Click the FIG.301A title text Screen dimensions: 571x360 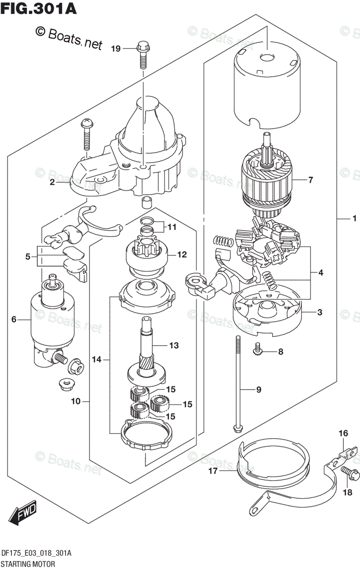tap(39, 9)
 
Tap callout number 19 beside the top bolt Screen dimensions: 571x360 tap(116, 48)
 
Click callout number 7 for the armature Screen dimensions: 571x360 tap(310, 180)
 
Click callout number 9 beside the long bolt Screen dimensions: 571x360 tap(259, 390)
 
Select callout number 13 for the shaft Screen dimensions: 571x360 tap(174, 345)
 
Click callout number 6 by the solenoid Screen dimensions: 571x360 tap(14, 320)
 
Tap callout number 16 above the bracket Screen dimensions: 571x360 tap(343, 433)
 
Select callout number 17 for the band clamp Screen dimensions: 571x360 tap(212, 471)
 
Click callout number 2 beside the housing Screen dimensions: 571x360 tap(52, 182)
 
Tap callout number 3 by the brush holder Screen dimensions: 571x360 tap(320, 312)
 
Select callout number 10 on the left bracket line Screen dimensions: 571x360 tap(76, 402)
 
